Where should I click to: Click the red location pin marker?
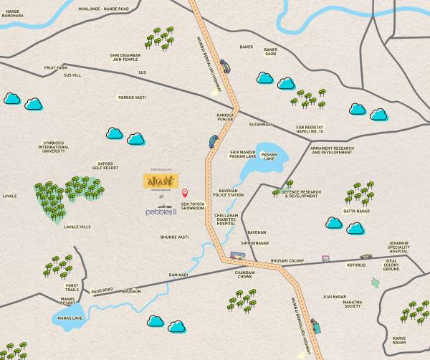pyautogui.click(x=184, y=193)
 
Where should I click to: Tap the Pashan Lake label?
pyautogui.click(x=269, y=157)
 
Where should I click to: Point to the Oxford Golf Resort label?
pyautogui.click(x=108, y=166)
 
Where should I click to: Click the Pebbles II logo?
pyautogui.click(x=162, y=212)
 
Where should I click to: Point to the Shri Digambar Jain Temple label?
pyautogui.click(x=126, y=58)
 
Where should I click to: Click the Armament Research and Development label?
pyautogui.click(x=332, y=151)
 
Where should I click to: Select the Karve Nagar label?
pyautogui.click(x=399, y=339)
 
